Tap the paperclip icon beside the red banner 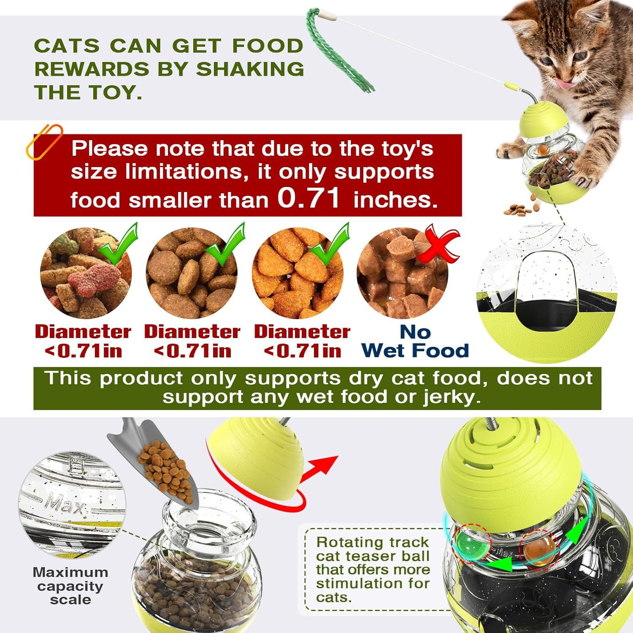[44, 141]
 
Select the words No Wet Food [415, 341]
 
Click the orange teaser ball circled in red [537, 550]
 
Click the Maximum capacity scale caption [70, 586]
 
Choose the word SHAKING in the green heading [250, 69]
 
